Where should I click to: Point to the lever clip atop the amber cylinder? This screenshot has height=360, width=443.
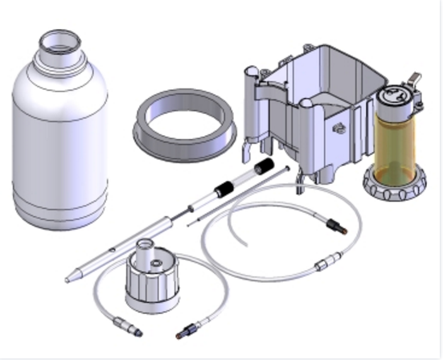coord(413,79)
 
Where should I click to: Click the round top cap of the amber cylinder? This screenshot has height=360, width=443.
coord(395,95)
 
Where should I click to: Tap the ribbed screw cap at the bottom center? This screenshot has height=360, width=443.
coord(153,280)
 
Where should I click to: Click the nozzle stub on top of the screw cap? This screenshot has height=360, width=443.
coord(147,247)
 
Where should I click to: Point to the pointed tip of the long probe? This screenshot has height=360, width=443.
coord(69,279)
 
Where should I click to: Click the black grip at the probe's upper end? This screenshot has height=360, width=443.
coord(262,167)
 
